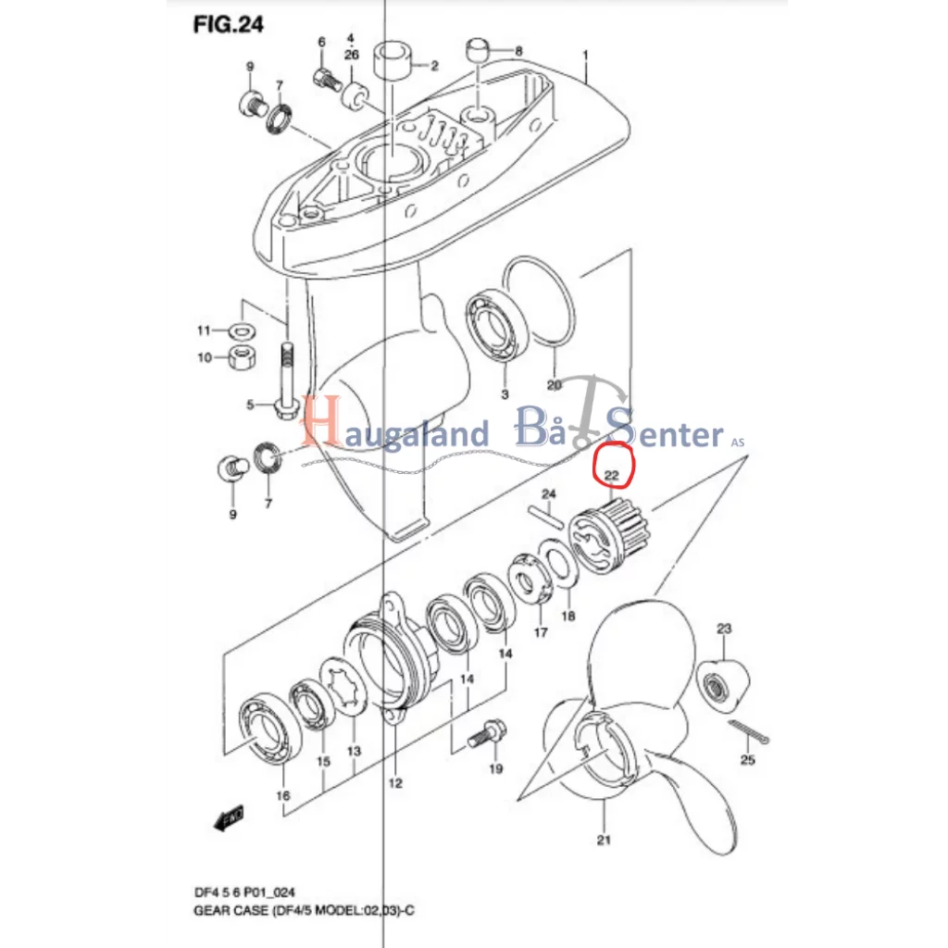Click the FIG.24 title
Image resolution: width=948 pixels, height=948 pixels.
pos(228,25)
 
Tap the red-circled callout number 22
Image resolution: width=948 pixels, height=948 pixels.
pos(612,475)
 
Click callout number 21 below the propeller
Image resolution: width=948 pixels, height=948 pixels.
pos(604,840)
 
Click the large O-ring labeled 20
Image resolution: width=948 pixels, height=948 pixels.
pos(540,301)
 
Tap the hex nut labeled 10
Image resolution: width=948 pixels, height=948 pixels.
pos(242,357)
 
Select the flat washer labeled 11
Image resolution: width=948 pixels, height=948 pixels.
pos(242,331)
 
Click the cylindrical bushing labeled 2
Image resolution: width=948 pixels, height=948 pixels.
pos(393,60)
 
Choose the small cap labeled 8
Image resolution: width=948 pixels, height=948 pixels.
pos(478,50)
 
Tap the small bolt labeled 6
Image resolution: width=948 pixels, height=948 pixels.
pos(327,80)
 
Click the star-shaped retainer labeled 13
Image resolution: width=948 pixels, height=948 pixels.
pos(343,688)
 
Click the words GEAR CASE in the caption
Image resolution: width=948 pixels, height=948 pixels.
pos(231,911)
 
